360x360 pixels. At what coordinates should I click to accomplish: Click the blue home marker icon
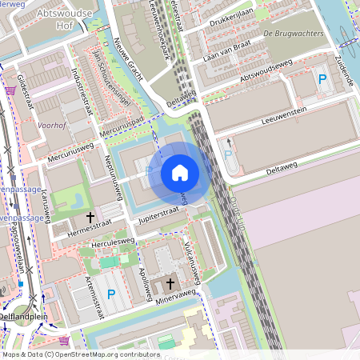[179, 173]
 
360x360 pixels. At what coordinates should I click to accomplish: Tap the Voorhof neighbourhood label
[52, 126]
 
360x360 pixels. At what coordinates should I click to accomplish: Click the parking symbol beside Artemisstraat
[111, 294]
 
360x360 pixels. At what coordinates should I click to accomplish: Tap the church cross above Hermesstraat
[90, 216]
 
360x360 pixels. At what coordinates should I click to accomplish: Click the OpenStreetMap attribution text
[70, 354]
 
